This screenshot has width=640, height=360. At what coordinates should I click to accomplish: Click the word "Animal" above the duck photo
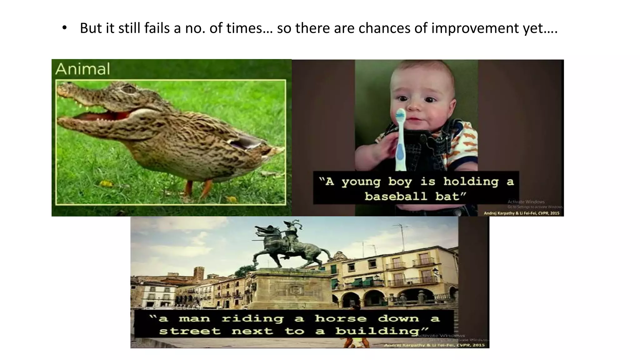click(82, 69)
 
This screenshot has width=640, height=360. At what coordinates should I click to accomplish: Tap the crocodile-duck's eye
click(128, 89)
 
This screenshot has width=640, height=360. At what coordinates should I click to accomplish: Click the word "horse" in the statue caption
click(340, 319)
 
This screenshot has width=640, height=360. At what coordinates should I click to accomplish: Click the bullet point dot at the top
click(64, 28)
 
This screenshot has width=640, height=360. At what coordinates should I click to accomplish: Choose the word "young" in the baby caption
click(361, 182)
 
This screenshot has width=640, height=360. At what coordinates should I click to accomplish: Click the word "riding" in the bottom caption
click(252, 319)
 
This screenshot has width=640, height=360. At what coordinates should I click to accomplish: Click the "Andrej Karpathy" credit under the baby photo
click(500, 213)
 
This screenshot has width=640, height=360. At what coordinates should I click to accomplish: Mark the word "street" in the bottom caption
click(190, 331)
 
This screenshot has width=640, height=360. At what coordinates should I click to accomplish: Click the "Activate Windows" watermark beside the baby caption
click(526, 202)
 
